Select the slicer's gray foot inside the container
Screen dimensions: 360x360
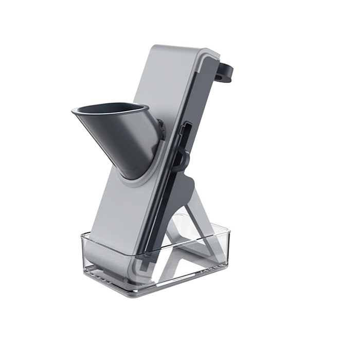click(103, 257)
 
